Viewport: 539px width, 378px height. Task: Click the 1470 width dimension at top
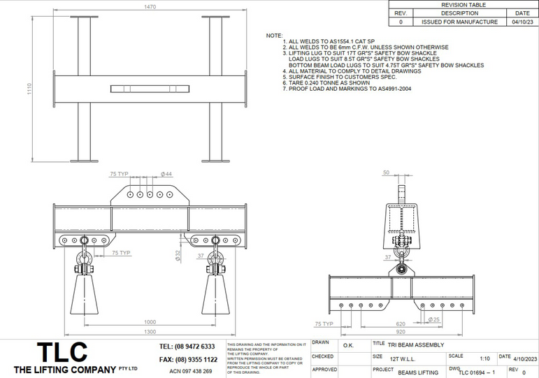150,6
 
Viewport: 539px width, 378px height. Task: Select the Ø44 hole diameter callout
166,173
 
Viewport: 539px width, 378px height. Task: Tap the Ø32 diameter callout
178,256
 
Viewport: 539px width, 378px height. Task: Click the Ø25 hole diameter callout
433,320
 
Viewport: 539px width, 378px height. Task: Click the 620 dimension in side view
400,324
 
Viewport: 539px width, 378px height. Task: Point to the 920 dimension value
400,333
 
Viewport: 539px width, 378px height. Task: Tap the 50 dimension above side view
386,172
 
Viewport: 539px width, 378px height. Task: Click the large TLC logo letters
63,351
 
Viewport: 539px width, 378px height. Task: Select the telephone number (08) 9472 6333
187,347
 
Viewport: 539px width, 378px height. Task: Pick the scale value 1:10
484,358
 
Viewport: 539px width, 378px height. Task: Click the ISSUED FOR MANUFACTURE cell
459,22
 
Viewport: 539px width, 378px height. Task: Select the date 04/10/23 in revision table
522,22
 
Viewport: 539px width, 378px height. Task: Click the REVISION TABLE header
463,4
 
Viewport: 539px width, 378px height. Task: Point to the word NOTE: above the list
275,35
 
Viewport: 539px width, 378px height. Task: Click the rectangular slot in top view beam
150,88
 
